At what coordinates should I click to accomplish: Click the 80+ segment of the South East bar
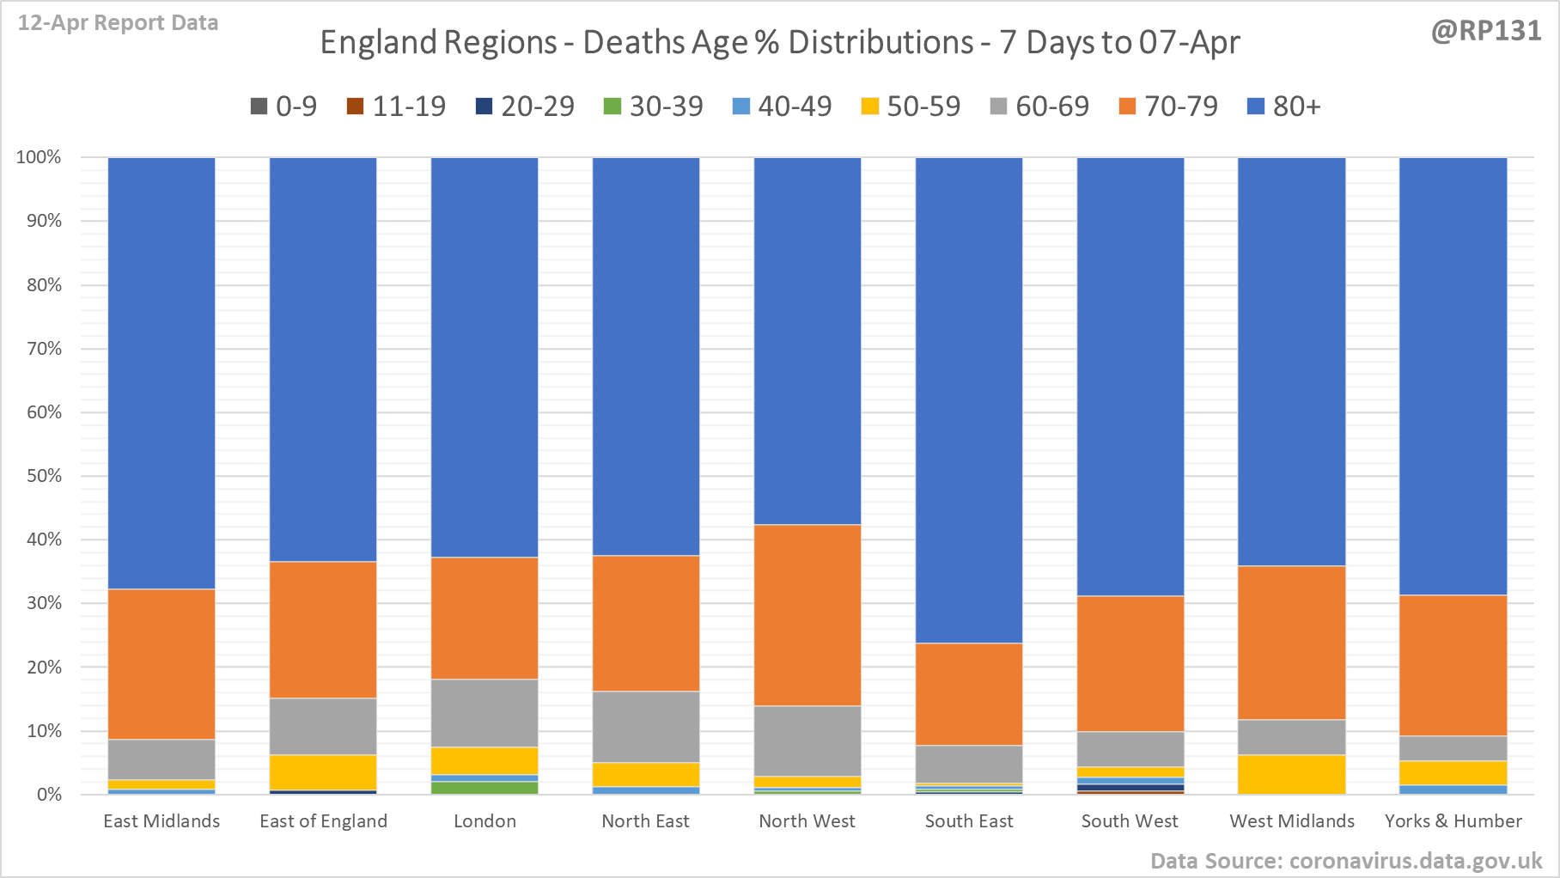969,399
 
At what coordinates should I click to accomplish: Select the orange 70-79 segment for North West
807,615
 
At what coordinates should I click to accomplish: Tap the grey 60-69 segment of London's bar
484,713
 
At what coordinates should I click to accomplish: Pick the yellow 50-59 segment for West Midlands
1292,774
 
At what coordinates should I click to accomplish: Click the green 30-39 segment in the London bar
484,788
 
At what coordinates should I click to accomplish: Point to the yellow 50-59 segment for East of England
323,772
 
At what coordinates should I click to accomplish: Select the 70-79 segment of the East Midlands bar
161,664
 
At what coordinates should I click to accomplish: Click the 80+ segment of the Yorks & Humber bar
1453,376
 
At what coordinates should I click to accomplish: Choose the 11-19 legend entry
396,107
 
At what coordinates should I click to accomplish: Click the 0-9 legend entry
283,107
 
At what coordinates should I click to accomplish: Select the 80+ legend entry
1283,107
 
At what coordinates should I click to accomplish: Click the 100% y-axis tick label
40,157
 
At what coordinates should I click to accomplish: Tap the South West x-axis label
1130,821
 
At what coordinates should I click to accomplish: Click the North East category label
645,821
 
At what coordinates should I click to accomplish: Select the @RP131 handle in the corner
1485,31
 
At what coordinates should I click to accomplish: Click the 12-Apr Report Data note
118,23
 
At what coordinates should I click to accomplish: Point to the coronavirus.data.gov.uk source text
1346,861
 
